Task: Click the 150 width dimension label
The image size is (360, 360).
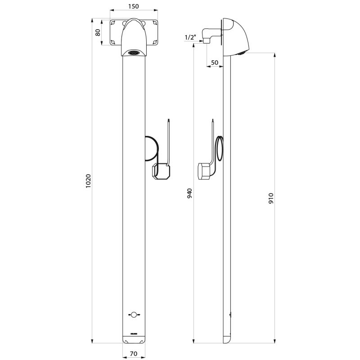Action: [x=133, y=6]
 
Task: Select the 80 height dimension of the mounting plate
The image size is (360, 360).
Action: [x=98, y=32]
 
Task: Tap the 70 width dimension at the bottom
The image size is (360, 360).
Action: [x=133, y=354]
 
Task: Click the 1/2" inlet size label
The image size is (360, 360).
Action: [x=190, y=38]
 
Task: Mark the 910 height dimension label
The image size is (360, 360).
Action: [x=271, y=198]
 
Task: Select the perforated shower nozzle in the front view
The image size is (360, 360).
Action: [x=134, y=53]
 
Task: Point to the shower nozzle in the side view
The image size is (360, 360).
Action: [x=242, y=53]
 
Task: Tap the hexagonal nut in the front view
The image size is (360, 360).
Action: [x=161, y=171]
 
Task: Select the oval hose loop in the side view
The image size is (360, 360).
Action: [x=219, y=148]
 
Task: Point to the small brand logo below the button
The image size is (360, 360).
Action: [x=134, y=333]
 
